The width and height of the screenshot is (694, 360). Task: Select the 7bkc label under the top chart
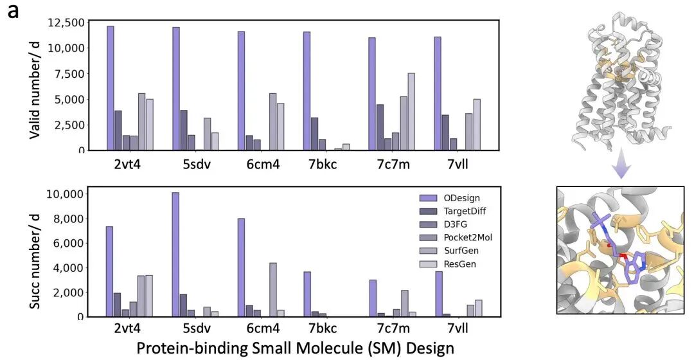(x=321, y=163)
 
